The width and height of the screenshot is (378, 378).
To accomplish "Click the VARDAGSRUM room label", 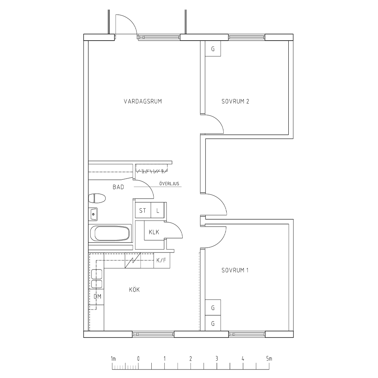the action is tap(143, 101).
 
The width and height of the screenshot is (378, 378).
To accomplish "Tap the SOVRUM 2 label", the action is tap(235, 101).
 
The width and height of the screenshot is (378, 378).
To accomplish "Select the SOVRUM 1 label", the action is tap(235, 270).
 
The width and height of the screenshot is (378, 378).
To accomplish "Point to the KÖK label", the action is tap(134, 289).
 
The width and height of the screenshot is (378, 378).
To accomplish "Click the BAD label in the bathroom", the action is tap(118, 187).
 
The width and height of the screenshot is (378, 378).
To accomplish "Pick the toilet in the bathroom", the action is tap(97, 198).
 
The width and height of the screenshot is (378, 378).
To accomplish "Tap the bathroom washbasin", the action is tap(93, 214).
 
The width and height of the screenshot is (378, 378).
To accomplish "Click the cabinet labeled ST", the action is tap(143, 210).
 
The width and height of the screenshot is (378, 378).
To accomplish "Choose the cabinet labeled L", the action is tap(158, 210).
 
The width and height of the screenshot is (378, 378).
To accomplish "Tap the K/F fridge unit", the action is tap(162, 260).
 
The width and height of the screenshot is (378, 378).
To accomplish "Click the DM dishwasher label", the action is tap(97, 296).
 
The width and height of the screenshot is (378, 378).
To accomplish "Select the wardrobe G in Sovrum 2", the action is tap(213, 49).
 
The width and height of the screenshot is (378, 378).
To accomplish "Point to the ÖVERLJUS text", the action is tap(169, 183).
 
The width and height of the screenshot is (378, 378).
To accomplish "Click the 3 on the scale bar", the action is tap(217, 358).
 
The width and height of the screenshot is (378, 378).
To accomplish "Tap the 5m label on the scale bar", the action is tap(269, 358).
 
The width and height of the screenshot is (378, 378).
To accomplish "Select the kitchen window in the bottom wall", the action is tap(153, 334).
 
